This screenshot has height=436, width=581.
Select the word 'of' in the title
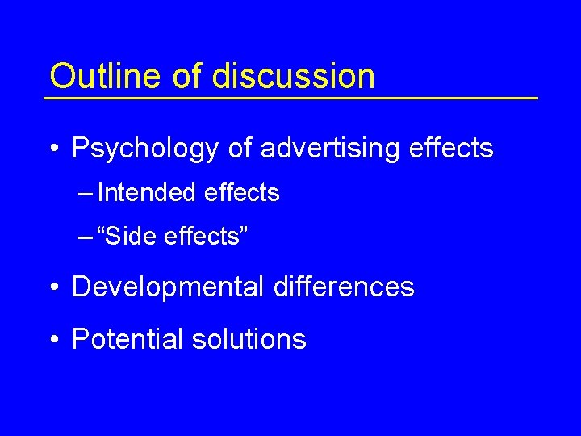click(184, 76)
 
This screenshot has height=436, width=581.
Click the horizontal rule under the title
click(290, 98)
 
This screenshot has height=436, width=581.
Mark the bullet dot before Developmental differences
click(53, 288)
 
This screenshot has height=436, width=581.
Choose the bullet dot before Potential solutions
click(53, 340)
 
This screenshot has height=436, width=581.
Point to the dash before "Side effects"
click(86, 238)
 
